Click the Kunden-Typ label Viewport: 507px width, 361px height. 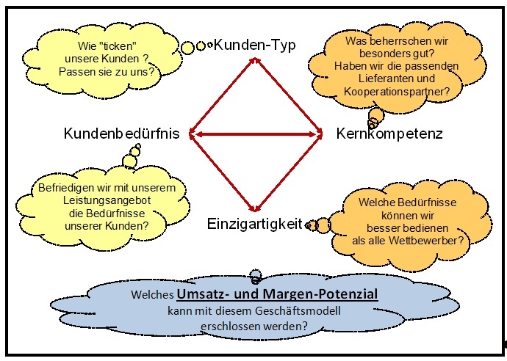coord(254,45)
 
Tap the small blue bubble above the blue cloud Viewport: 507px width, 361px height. coord(255,275)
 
